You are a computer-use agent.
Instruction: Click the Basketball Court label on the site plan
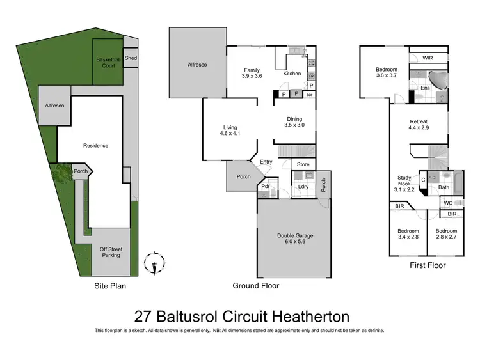[x=108, y=63]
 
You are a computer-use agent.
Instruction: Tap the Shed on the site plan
[x=131, y=58]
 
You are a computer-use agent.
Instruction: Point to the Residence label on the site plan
[x=95, y=145]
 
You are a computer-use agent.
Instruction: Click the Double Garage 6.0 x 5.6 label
[x=295, y=239]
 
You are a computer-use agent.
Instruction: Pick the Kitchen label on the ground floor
[x=292, y=74]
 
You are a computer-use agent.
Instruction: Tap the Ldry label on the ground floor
[x=303, y=187]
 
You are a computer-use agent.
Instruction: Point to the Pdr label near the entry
[x=265, y=187]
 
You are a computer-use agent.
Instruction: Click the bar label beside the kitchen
[x=310, y=95]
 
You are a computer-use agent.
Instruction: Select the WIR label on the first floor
[x=428, y=58]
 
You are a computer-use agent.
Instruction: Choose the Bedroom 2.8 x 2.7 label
[x=446, y=233]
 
